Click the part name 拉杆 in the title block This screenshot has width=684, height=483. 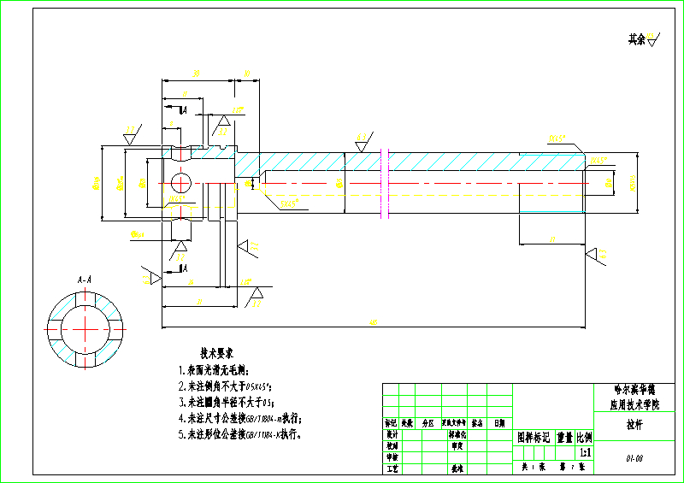pyautogui.click(x=634, y=422)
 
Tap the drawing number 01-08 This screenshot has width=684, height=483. pyautogui.click(x=634, y=459)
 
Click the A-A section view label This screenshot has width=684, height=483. pyautogui.click(x=85, y=280)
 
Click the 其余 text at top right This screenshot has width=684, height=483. pyautogui.click(x=637, y=39)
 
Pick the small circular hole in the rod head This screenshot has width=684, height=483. pyautogui.click(x=181, y=182)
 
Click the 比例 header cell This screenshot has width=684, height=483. pyautogui.click(x=586, y=437)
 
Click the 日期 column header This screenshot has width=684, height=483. pyautogui.click(x=498, y=422)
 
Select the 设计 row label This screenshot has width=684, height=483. pyautogui.click(x=392, y=434)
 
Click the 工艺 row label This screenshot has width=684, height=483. pyautogui.click(x=392, y=468)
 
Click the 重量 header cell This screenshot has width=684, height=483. pyautogui.click(x=565, y=437)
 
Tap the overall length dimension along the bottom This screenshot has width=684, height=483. pyautogui.click(x=373, y=322)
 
